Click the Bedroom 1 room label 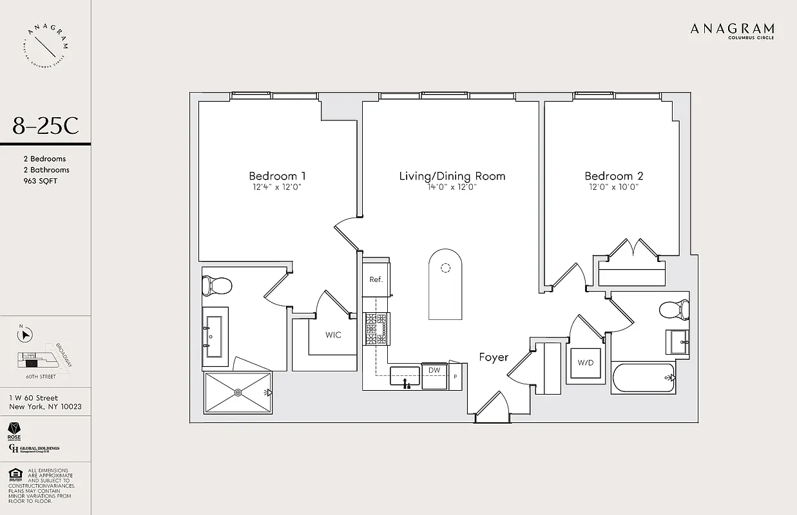coord(277,176)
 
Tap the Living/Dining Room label coord(452,176)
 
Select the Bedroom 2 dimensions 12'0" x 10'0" coord(613,187)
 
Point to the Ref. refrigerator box coord(376,279)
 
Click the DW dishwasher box coord(435,371)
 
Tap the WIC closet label coord(333,335)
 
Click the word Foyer coord(494,357)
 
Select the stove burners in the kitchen coord(376,328)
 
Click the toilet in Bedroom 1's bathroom coord(216,285)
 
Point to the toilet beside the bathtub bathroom coord(675,311)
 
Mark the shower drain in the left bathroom coord(238,392)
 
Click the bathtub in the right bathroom coord(643,378)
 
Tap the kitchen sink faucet coord(406,384)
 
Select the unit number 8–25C coord(45,126)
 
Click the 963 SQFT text coord(40,181)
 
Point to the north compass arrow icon coord(26,334)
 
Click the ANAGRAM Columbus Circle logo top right coord(732,30)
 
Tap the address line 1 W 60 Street coord(34,398)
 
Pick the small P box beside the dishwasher coord(456,377)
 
